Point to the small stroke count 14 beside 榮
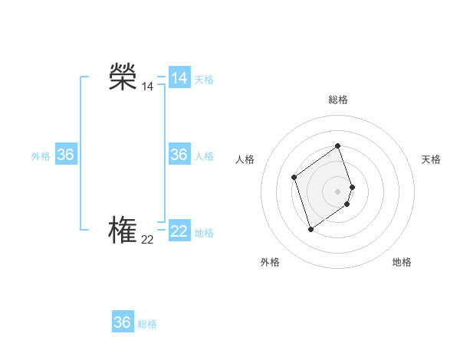(x=147, y=87)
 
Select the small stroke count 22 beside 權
(x=147, y=240)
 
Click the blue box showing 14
(x=179, y=78)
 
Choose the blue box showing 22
(x=179, y=231)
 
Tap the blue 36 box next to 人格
(x=179, y=155)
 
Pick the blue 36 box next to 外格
(x=66, y=155)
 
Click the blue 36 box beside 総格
(x=123, y=322)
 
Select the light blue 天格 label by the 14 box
(x=204, y=80)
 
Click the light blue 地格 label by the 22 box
(x=204, y=233)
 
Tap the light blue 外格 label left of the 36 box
(x=41, y=156)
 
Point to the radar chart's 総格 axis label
(x=338, y=100)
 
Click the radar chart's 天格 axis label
(x=431, y=159)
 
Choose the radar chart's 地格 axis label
(x=402, y=262)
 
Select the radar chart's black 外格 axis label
(x=270, y=262)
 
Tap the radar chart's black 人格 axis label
(x=245, y=159)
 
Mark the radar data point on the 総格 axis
(x=337, y=146)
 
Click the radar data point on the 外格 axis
(x=310, y=229)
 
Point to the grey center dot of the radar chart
(x=337, y=191)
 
